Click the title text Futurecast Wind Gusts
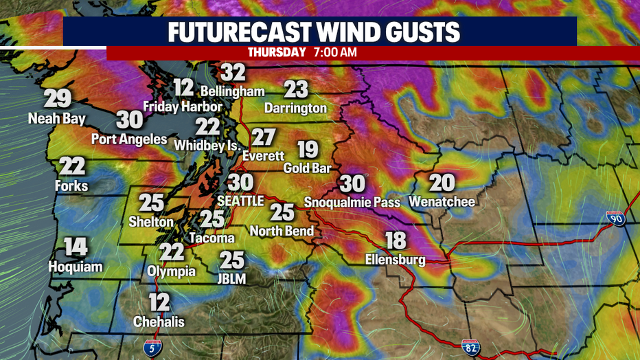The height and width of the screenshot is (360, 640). pyautogui.click(x=319, y=32)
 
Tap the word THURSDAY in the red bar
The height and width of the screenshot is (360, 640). pyautogui.click(x=276, y=52)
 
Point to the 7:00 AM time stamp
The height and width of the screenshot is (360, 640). pyautogui.click(x=335, y=52)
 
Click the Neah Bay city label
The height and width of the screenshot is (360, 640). pyautogui.click(x=57, y=119)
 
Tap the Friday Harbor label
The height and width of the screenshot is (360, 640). pyautogui.click(x=182, y=106)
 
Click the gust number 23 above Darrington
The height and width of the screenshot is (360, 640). pyautogui.click(x=296, y=89)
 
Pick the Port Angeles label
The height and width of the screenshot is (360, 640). pyautogui.click(x=129, y=139)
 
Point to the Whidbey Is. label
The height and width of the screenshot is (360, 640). pyautogui.click(x=207, y=146)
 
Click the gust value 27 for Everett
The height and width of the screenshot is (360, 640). pyautogui.click(x=263, y=137)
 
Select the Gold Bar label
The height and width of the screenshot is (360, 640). pyautogui.click(x=308, y=168)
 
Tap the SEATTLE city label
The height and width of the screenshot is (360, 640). pyautogui.click(x=240, y=201)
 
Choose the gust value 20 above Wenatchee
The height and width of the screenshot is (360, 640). pyautogui.click(x=442, y=183)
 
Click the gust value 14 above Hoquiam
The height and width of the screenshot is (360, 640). pyautogui.click(x=76, y=247)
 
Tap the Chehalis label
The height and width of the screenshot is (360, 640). pyautogui.click(x=159, y=322)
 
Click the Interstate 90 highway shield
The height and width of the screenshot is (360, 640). pyautogui.click(x=615, y=219)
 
